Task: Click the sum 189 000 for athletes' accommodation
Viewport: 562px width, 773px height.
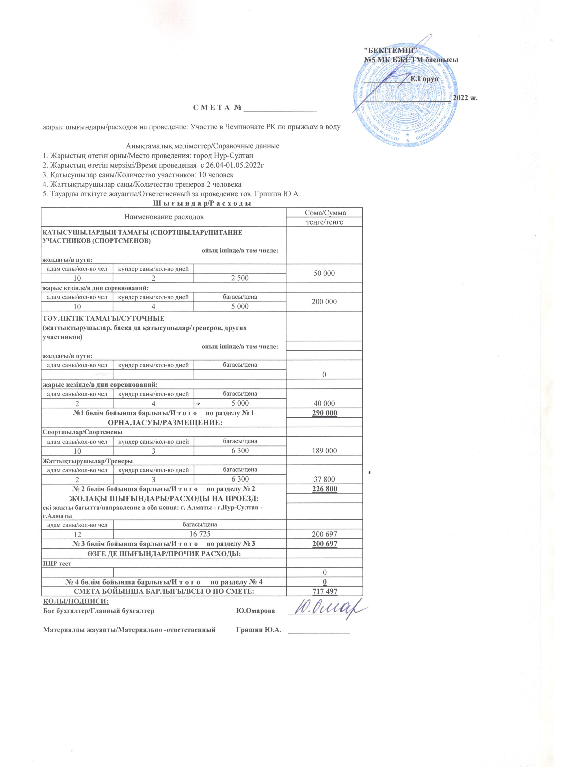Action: tap(324, 451)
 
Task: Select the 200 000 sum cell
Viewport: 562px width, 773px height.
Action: tap(324, 302)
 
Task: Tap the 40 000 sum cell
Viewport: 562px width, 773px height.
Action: tap(324, 404)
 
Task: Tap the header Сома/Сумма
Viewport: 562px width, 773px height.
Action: tap(324, 213)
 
